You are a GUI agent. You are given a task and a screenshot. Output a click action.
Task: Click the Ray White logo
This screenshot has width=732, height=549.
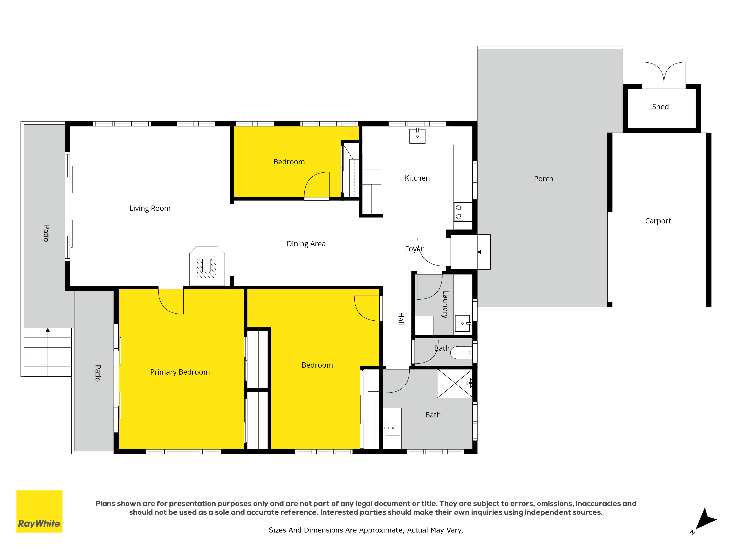pos(39,511)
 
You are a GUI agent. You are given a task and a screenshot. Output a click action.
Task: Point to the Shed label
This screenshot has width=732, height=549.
pos(660,107)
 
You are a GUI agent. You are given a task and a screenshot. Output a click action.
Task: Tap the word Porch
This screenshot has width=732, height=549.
pos(543,179)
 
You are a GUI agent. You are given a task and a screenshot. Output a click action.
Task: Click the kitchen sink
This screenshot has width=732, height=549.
pos(417,136)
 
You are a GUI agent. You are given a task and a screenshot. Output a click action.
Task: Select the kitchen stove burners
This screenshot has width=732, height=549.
pos(459,212)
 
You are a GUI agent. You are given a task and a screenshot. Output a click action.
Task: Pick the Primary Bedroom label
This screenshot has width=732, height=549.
pos(180,372)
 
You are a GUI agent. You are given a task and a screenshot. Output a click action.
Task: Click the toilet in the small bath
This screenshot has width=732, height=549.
pos(462,352)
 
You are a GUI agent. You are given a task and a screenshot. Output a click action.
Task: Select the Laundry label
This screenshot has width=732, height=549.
pos(445,305)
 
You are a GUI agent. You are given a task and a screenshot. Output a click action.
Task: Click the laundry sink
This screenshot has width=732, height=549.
pos(463,323)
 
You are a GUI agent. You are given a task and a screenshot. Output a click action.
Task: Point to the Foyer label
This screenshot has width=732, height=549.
pos(414,249)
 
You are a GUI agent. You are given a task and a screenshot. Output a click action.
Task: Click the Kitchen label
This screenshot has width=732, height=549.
pos(417,178)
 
